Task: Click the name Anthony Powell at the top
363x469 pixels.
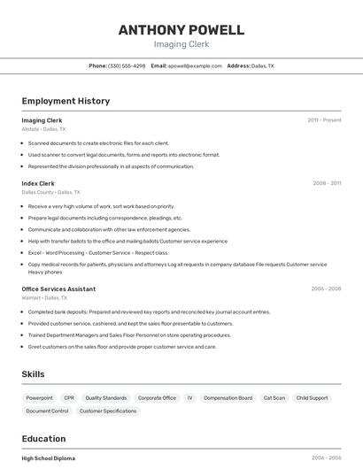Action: click(181, 30)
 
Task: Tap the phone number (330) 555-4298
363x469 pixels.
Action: click(127, 65)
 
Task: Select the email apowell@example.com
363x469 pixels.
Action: click(195, 65)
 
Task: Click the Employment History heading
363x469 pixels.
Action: click(66, 101)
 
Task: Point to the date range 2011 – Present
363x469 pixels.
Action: click(324, 119)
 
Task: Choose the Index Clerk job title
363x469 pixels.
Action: click(38, 183)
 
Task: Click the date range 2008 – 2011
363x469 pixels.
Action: click(327, 183)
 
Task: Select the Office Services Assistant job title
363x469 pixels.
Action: click(58, 288)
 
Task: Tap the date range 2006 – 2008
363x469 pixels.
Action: click(326, 288)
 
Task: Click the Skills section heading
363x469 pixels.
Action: click(33, 374)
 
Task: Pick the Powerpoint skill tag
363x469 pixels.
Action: click(39, 398)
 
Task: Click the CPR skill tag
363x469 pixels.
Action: click(69, 398)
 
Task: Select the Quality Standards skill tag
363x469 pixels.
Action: click(106, 398)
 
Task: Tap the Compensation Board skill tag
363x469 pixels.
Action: click(228, 398)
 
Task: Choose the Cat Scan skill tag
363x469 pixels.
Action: click(274, 398)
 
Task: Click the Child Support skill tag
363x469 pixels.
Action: click(312, 398)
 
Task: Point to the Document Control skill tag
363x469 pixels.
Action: click(47, 411)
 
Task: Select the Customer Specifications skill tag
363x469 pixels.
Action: click(108, 411)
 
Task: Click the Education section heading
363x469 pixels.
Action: click(43, 439)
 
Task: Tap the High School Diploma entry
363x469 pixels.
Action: click(49, 458)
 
